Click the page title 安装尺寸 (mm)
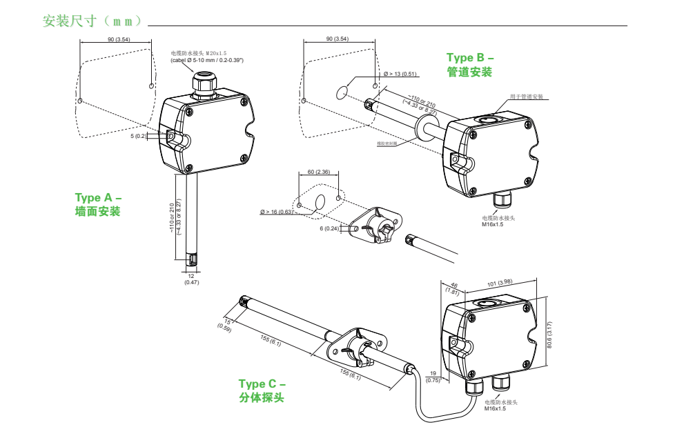(92, 21)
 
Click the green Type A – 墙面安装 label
(98, 205)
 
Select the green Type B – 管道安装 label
(470, 65)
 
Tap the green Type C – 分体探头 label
(262, 390)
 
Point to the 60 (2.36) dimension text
(318, 172)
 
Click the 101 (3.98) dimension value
(499, 282)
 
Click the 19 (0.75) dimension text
(433, 377)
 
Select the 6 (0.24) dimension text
(329, 228)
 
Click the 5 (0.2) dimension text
(139, 136)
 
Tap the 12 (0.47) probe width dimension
(192, 279)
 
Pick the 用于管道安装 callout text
(527, 97)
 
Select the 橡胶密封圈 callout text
(387, 143)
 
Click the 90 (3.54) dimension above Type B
(337, 39)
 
